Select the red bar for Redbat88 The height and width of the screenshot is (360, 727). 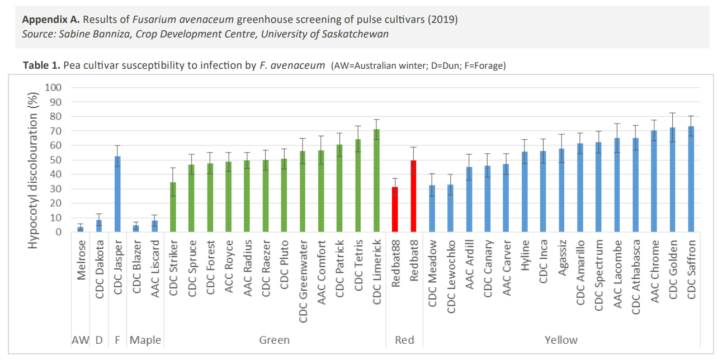click(395, 210)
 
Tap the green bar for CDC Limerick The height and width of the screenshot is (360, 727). click(376, 181)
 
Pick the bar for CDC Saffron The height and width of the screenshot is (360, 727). click(691, 179)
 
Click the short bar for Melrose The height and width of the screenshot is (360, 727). click(81, 229)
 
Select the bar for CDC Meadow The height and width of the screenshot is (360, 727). click(432, 209)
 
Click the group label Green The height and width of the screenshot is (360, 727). click(275, 340)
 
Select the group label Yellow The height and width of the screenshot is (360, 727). click(561, 340)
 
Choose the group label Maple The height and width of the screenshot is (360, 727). click(145, 340)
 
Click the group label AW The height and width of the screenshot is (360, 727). click(81, 340)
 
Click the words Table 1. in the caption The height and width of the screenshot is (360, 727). click(41, 65)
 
